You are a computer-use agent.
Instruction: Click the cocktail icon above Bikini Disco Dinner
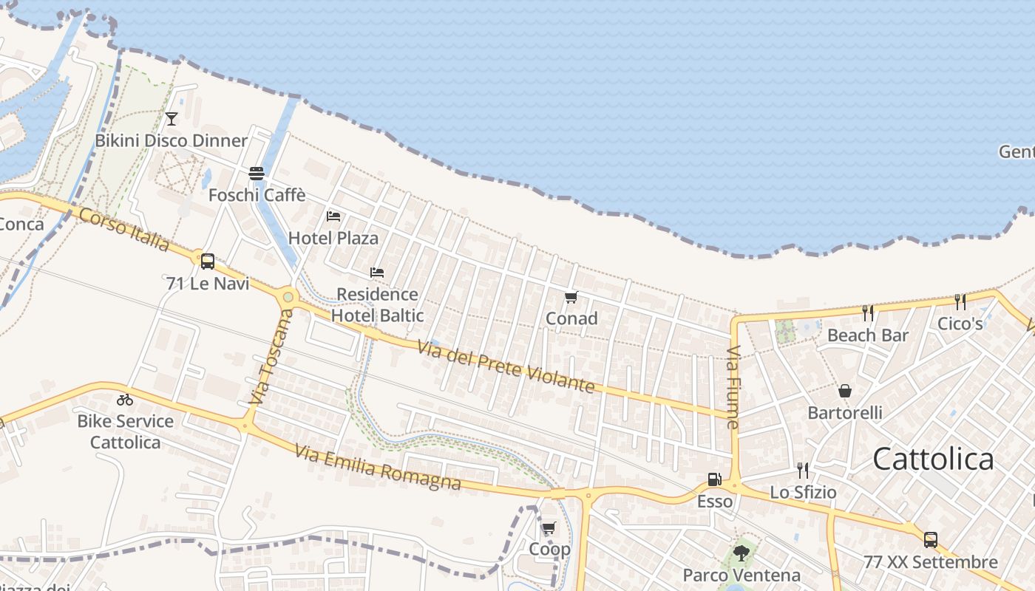click(x=172, y=118)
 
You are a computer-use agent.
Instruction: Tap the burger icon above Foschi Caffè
click(x=257, y=174)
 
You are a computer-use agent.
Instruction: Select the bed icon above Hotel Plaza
click(x=333, y=216)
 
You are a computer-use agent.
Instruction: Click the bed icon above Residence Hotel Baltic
click(x=377, y=273)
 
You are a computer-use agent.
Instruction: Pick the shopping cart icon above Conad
click(x=571, y=298)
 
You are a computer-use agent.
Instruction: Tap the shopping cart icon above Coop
click(x=549, y=528)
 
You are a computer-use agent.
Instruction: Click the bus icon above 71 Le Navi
click(x=208, y=261)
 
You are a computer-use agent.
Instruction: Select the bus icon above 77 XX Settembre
click(x=931, y=540)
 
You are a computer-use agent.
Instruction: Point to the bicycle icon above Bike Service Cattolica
click(x=125, y=400)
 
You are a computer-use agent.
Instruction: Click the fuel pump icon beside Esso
click(x=714, y=479)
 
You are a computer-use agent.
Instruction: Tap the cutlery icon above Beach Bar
click(x=868, y=313)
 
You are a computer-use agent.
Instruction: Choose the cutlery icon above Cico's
click(x=960, y=301)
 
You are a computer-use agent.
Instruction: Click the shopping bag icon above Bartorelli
click(x=845, y=391)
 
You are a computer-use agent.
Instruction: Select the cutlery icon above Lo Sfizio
click(x=803, y=471)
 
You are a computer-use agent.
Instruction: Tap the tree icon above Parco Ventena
click(x=742, y=553)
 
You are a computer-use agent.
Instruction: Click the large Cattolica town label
click(x=933, y=459)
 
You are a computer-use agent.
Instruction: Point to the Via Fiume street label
click(x=733, y=387)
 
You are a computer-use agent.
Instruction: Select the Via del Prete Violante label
click(x=506, y=366)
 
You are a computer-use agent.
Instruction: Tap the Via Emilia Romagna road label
click(x=378, y=467)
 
